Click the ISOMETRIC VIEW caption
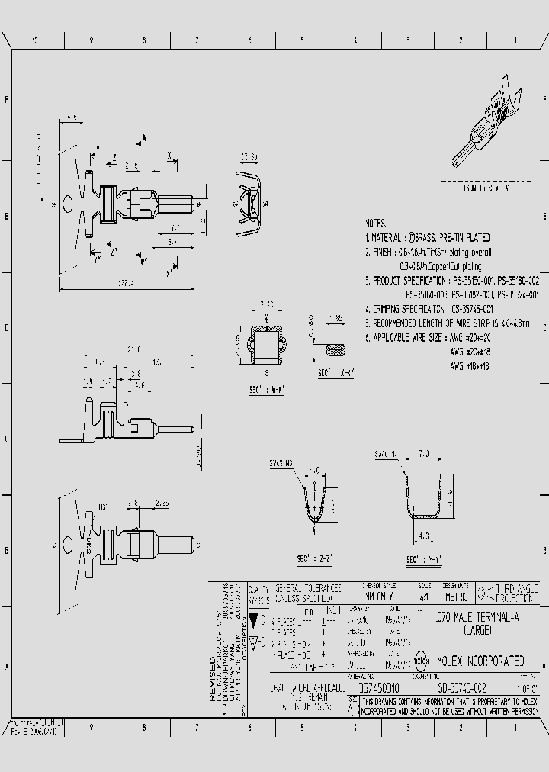[486, 187]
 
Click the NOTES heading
[375, 224]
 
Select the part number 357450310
[380, 687]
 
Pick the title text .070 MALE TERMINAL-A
[480, 619]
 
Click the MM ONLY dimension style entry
[379, 599]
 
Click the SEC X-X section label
[335, 374]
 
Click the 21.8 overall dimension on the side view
[133, 349]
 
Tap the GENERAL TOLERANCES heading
[307, 589]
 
